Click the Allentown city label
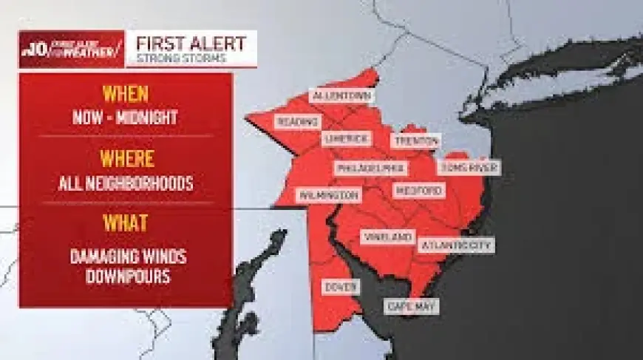(x=341, y=97)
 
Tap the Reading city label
(x=297, y=121)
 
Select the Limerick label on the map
(x=345, y=139)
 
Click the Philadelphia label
(x=370, y=169)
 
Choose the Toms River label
(x=469, y=168)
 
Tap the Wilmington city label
(x=328, y=195)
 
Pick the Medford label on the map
(x=418, y=191)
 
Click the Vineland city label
(x=387, y=237)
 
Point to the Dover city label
(x=341, y=286)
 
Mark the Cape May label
(x=412, y=306)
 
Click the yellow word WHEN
(x=125, y=94)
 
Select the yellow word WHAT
(x=126, y=223)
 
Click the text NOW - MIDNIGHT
(x=126, y=118)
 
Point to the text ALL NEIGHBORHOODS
(x=126, y=183)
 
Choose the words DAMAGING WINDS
(x=128, y=257)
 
